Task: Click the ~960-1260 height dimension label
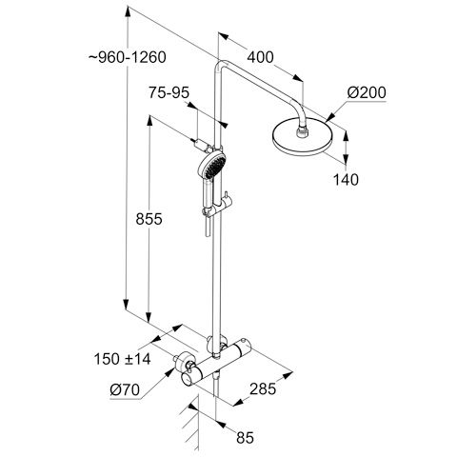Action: [x=128, y=57]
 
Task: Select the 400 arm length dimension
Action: [x=260, y=57]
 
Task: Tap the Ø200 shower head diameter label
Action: [x=367, y=92]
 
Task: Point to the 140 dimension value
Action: [x=346, y=180]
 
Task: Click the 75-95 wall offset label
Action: [x=169, y=93]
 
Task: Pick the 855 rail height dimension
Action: [x=149, y=219]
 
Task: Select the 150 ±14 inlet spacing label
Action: [x=122, y=359]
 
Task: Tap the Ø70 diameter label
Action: [x=125, y=389]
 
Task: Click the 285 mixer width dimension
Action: [x=263, y=388]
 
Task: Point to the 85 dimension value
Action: [x=245, y=438]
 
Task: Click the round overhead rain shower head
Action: [x=303, y=137]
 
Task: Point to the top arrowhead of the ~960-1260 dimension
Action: [x=128, y=12]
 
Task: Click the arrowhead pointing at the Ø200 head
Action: [x=330, y=117]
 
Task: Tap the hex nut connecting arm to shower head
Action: [x=303, y=132]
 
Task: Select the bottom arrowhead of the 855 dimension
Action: [x=149, y=316]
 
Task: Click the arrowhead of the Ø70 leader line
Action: [x=169, y=373]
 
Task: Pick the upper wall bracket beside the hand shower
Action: [x=203, y=146]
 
